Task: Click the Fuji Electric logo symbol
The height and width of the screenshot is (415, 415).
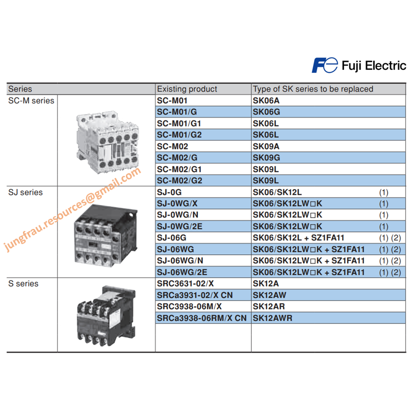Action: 324,65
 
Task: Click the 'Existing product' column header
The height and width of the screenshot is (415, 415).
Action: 187,89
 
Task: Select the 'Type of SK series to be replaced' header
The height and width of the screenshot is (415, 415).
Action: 313,89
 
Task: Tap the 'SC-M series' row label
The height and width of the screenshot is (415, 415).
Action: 31,100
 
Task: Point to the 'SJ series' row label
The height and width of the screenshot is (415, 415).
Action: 25,192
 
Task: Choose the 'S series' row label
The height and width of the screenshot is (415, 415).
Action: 23,283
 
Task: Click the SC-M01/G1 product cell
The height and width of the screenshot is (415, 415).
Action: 179,123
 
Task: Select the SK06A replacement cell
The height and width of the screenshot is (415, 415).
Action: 267,100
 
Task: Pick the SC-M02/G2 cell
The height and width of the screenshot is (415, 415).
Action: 179,180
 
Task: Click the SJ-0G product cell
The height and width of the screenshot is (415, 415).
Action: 169,192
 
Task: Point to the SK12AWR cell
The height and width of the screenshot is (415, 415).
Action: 273,318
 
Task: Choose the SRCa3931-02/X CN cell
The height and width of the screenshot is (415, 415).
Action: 201,295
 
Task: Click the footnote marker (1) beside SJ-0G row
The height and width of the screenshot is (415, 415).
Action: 383,193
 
